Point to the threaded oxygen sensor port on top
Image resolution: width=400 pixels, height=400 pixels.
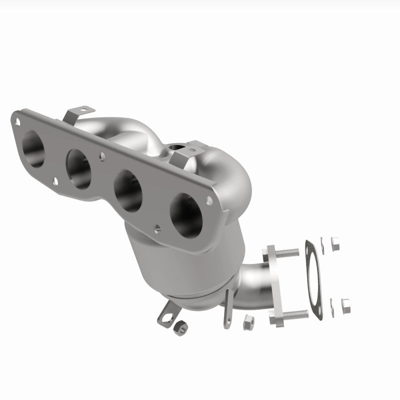point(175,147)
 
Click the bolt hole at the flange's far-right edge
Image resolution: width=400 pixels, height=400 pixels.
point(209,200)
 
